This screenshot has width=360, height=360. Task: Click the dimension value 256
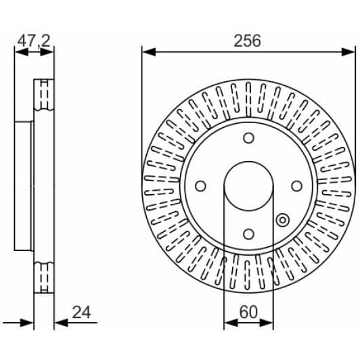[x=248, y=40]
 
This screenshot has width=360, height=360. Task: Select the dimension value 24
[x=80, y=312]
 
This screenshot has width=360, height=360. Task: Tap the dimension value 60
[x=248, y=312]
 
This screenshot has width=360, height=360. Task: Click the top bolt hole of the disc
[x=248, y=138]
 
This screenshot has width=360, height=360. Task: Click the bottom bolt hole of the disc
[x=248, y=234]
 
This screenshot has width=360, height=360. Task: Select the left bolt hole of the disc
[x=200, y=186]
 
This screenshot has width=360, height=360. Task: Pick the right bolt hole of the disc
[x=296, y=186]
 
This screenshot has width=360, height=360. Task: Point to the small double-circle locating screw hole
[x=283, y=220]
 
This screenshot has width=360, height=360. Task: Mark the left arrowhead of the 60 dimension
[x=228, y=322]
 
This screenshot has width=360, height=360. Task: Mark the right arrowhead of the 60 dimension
[x=269, y=322]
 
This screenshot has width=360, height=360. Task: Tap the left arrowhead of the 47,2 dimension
[x=18, y=51]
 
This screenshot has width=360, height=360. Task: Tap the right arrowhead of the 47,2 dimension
[x=51, y=51]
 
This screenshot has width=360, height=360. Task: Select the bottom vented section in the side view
[x=44, y=277]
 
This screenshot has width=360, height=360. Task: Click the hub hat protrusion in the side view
[x=23, y=186]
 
